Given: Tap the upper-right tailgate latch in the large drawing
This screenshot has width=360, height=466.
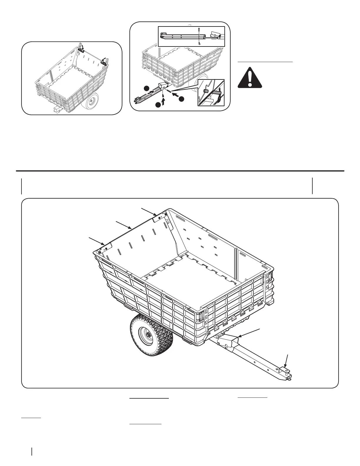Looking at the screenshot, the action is [x=160, y=217].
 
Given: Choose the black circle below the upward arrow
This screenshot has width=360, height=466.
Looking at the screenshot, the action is [x=158, y=105].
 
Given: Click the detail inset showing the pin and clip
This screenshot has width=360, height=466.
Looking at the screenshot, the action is [x=211, y=92].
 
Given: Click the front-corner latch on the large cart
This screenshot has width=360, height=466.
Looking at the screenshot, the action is [x=201, y=315].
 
